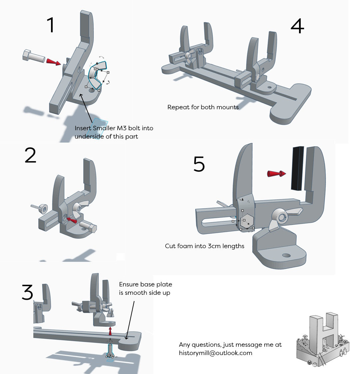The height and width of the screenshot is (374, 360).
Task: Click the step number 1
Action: (x=51, y=25)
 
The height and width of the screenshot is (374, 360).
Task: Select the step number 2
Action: (x=30, y=156)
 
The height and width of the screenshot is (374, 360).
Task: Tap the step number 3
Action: (x=28, y=292)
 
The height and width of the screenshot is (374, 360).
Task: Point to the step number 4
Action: (x=297, y=26)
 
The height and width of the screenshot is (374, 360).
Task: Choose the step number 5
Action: (x=199, y=164)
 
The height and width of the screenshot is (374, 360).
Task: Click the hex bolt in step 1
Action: (x=33, y=56)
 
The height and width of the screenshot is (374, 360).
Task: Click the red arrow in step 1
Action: (x=53, y=62)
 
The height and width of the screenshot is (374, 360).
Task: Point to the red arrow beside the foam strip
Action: (x=276, y=174)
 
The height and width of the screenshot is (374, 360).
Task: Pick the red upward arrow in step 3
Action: (x=111, y=331)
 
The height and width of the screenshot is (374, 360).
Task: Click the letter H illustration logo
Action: (x=323, y=340)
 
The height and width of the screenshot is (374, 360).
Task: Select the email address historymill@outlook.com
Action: (x=216, y=353)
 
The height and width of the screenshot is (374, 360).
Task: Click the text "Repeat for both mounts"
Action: (x=203, y=107)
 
